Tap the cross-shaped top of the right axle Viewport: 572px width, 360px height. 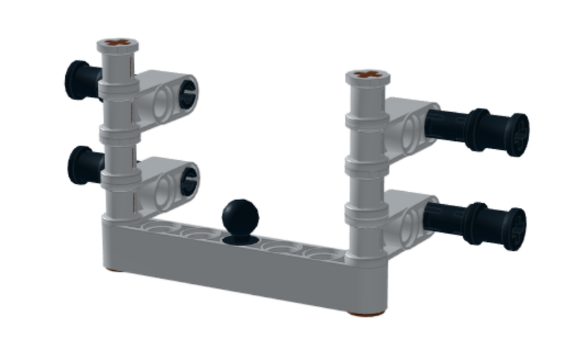(x=367, y=74)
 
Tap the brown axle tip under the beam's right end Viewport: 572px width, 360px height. (x=366, y=312)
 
